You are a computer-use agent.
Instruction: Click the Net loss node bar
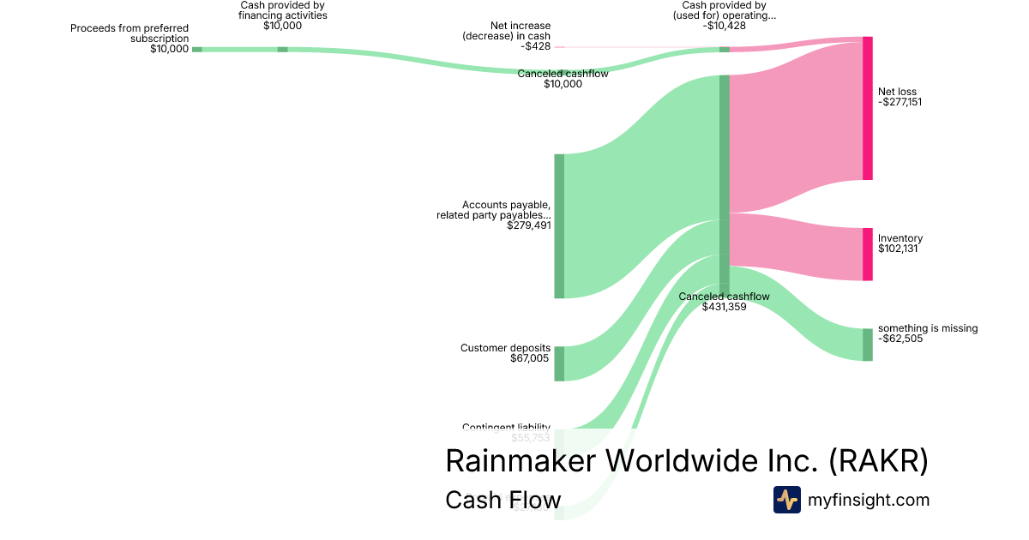click(867, 108)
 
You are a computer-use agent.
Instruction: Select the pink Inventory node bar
click(867, 254)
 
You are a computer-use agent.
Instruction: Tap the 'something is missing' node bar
click(867, 344)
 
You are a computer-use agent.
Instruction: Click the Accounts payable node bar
click(559, 226)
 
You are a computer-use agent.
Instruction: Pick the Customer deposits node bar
click(559, 363)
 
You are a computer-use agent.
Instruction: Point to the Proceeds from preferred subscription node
click(196, 50)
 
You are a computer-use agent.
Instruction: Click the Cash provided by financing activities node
click(282, 50)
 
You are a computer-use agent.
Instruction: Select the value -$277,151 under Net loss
click(900, 102)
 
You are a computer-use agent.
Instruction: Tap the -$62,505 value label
click(900, 339)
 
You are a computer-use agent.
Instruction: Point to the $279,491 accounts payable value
click(528, 225)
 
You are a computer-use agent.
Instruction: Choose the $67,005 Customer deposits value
click(529, 358)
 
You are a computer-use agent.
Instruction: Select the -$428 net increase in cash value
click(537, 46)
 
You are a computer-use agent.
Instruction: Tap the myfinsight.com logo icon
click(786, 500)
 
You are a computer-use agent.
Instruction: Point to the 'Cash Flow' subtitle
click(502, 500)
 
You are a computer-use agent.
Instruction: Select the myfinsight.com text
click(869, 500)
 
